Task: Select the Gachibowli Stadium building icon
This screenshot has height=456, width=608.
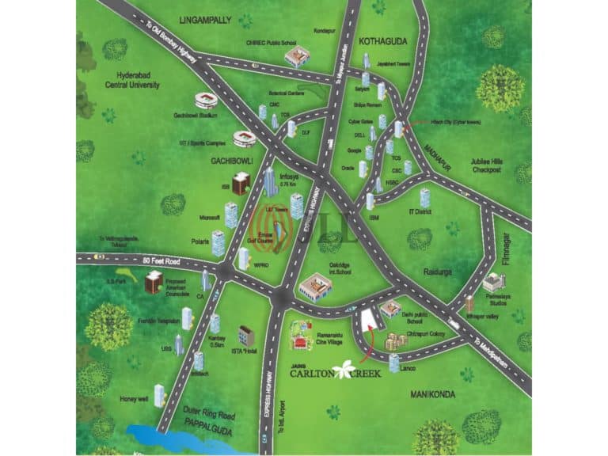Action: coord(206,101)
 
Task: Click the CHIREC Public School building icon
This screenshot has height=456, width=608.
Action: coord(297,56)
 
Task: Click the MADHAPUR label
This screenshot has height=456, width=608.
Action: coord(434,146)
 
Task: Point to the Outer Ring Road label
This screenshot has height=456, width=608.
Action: coord(209,414)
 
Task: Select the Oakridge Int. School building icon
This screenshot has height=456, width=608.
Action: coord(315,287)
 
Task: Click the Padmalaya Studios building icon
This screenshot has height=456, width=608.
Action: coord(493,281)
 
